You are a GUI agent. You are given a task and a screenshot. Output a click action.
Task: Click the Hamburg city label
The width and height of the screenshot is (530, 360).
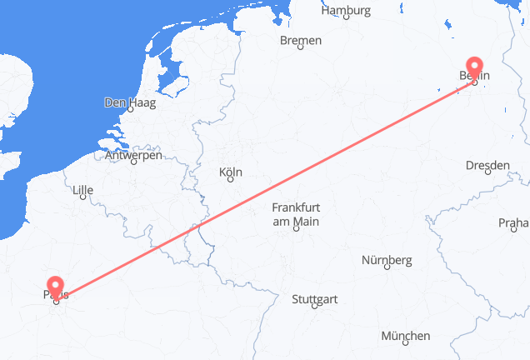345,11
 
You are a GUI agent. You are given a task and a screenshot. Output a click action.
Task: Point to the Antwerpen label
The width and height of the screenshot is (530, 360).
133,155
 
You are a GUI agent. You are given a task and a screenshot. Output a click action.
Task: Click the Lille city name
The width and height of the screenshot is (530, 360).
83,190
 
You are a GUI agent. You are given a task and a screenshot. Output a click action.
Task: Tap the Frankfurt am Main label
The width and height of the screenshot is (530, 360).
295,213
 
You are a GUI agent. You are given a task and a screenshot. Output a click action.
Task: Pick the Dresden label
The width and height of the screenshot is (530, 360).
487,166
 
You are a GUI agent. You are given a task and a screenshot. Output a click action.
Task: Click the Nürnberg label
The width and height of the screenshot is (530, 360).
387,260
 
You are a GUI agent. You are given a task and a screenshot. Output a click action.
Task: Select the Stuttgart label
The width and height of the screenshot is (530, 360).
313,297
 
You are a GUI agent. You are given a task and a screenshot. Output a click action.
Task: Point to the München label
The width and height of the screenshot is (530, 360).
406,336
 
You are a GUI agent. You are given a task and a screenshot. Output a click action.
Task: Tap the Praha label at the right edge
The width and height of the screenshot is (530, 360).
514,222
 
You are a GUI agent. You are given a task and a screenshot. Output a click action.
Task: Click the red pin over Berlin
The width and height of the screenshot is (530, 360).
474,68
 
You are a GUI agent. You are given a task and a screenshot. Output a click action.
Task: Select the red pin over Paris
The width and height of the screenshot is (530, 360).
56,287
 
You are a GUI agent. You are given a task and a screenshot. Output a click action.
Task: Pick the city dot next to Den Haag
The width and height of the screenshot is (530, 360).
131,108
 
